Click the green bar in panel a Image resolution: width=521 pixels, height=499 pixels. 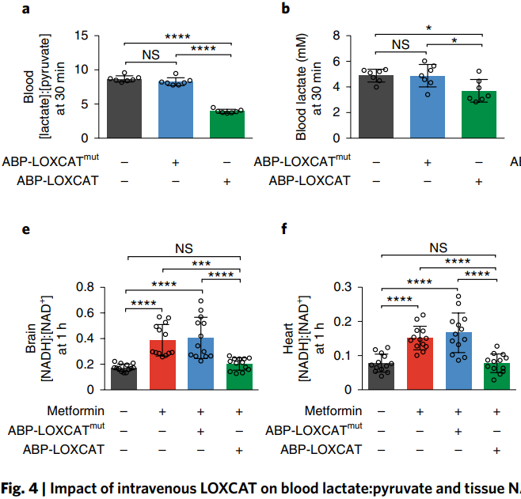click(226, 125)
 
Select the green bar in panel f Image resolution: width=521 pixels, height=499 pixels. click(496, 376)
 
